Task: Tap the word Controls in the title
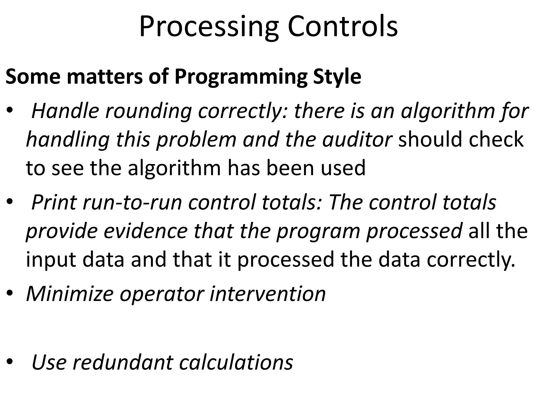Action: (343, 26)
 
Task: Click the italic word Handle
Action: (65, 111)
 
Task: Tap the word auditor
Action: (357, 139)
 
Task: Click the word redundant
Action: (122, 362)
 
